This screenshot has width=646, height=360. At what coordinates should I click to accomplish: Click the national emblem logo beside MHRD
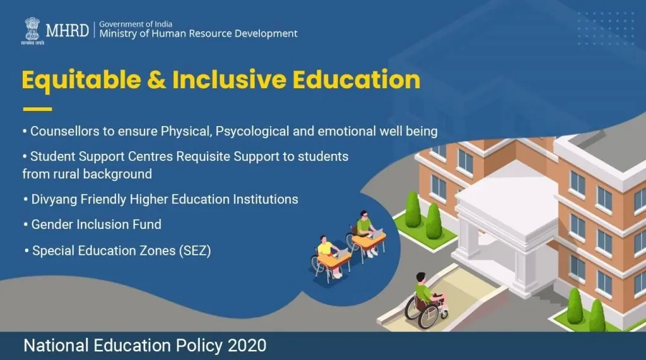32,28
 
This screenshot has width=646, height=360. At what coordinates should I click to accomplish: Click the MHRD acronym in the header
67,30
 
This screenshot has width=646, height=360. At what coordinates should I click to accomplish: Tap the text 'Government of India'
136,24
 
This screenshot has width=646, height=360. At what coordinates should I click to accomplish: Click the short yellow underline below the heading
37,109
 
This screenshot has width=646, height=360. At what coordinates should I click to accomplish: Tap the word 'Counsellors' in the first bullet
60,132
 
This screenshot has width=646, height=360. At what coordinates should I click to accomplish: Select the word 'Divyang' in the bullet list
53,199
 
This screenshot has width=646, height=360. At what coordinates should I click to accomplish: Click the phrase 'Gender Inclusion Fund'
97,224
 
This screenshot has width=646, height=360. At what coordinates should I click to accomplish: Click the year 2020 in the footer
247,345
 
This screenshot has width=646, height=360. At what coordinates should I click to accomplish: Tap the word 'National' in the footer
52,345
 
